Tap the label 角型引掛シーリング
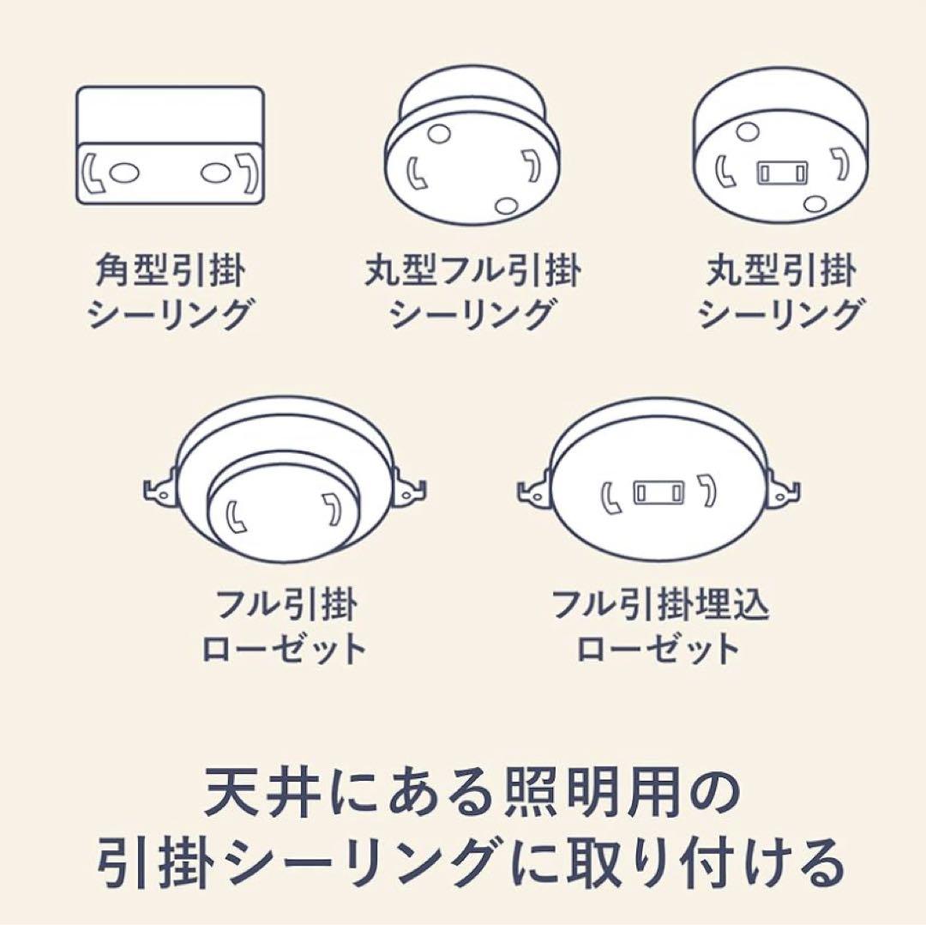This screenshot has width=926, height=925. point(169,294)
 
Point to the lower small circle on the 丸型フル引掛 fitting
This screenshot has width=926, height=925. point(507,205)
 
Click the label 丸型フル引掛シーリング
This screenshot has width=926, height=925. point(472,294)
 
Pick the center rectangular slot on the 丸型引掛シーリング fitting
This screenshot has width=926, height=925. point(781,172)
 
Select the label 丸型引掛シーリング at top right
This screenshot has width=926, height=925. point(779,294)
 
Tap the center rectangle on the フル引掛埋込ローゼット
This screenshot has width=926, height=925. point(658,494)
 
